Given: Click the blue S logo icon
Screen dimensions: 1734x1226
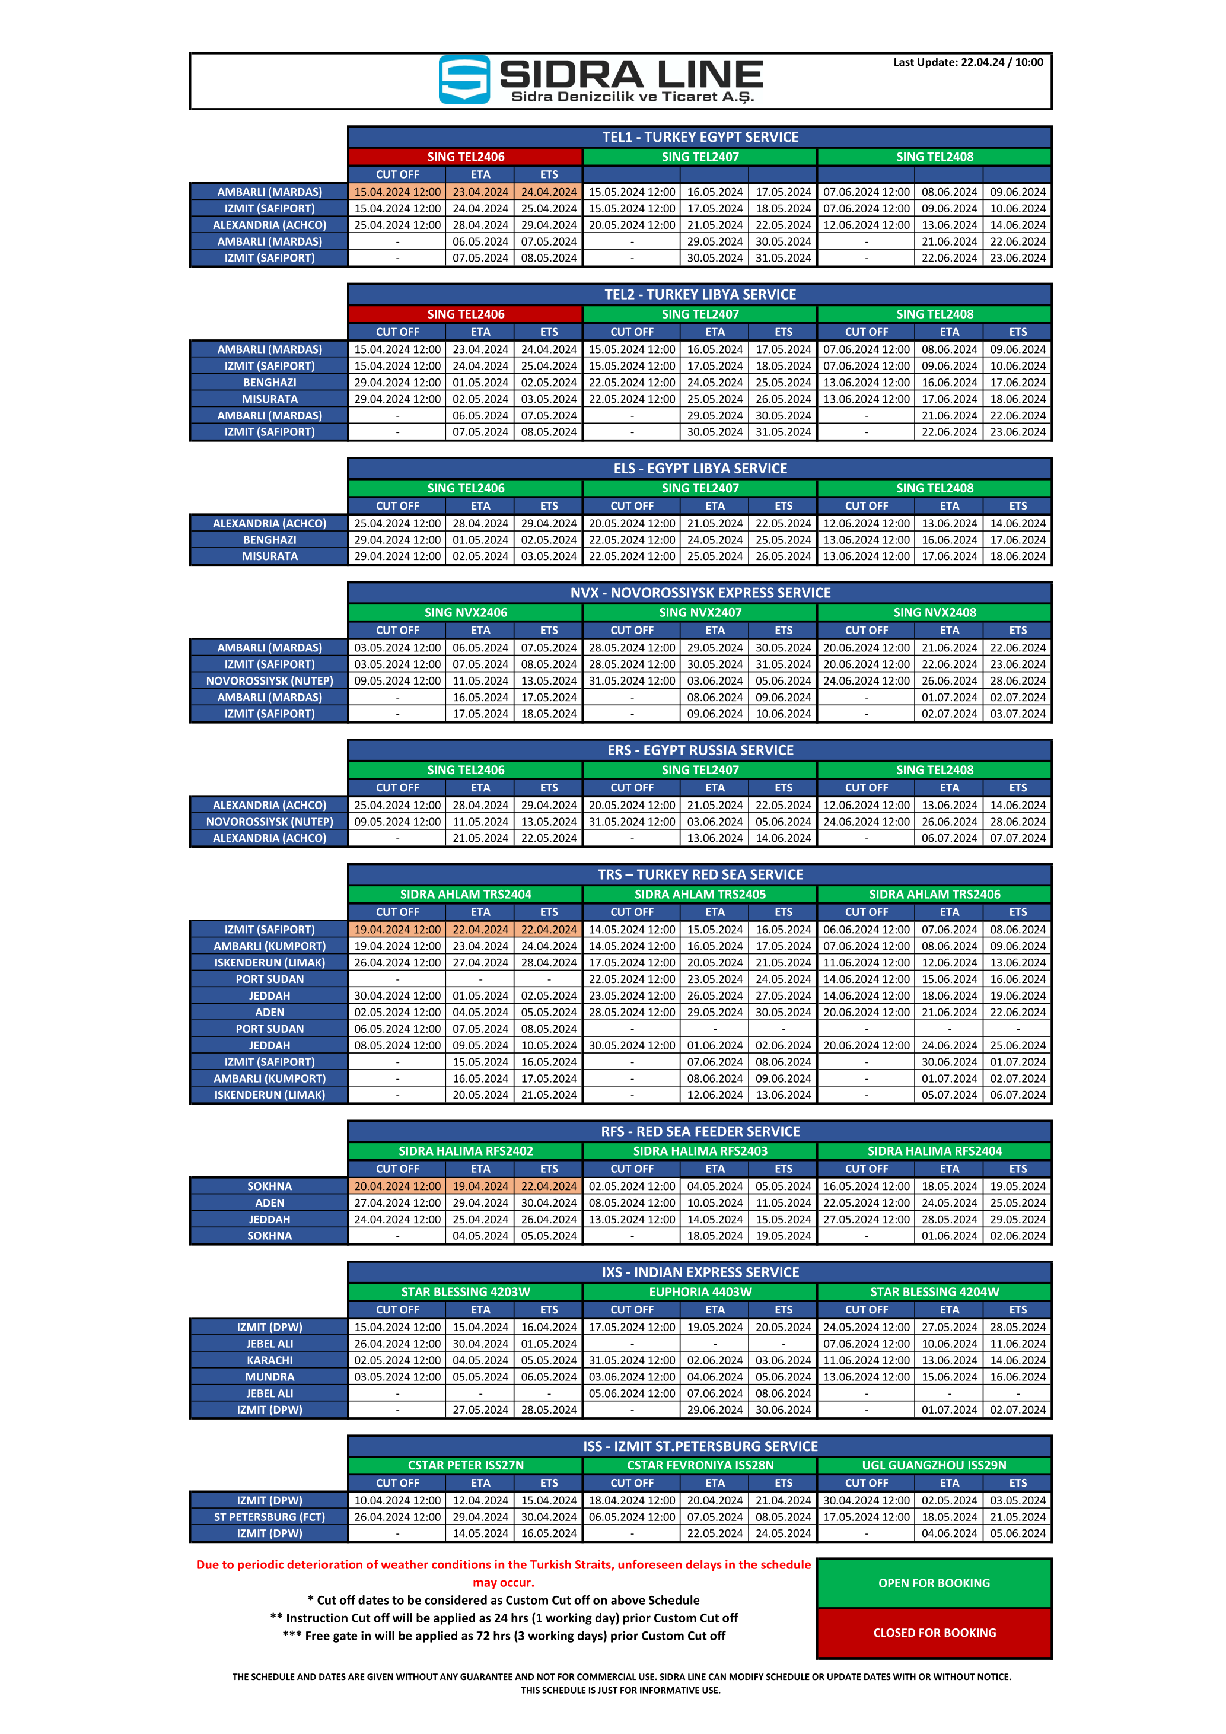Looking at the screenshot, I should [x=464, y=79].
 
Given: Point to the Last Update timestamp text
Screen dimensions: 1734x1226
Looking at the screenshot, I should [x=968, y=63].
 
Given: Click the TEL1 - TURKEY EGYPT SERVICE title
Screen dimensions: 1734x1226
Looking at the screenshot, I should [x=700, y=136].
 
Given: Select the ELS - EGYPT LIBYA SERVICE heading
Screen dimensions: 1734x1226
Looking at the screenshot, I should [x=700, y=468].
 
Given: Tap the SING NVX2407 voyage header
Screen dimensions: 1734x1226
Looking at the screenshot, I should [x=700, y=612].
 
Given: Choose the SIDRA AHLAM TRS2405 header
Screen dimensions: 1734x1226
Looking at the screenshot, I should [x=700, y=894].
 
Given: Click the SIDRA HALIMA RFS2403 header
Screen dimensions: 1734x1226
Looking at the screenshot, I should [x=700, y=1151].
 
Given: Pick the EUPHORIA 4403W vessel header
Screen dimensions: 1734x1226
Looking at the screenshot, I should [x=700, y=1292].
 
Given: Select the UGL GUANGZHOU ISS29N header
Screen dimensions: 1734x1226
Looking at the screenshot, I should [x=934, y=1465].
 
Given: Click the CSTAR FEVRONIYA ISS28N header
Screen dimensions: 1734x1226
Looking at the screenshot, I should [x=700, y=1465].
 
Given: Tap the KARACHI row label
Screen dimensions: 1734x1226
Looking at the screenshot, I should [x=269, y=1360].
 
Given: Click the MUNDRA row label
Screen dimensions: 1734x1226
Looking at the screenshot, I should [x=269, y=1377].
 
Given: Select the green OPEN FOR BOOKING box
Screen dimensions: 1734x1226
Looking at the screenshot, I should [x=934, y=1583].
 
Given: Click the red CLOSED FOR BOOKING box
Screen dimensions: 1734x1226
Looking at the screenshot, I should [x=934, y=1633].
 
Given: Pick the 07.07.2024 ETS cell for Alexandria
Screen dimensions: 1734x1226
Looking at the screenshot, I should [x=1018, y=838].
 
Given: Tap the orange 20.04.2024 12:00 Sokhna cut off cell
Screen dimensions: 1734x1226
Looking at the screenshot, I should [x=397, y=1186].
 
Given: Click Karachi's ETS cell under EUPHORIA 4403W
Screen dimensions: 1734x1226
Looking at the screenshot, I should [x=783, y=1360].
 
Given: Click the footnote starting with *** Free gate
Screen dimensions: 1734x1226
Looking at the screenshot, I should [x=504, y=1636].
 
